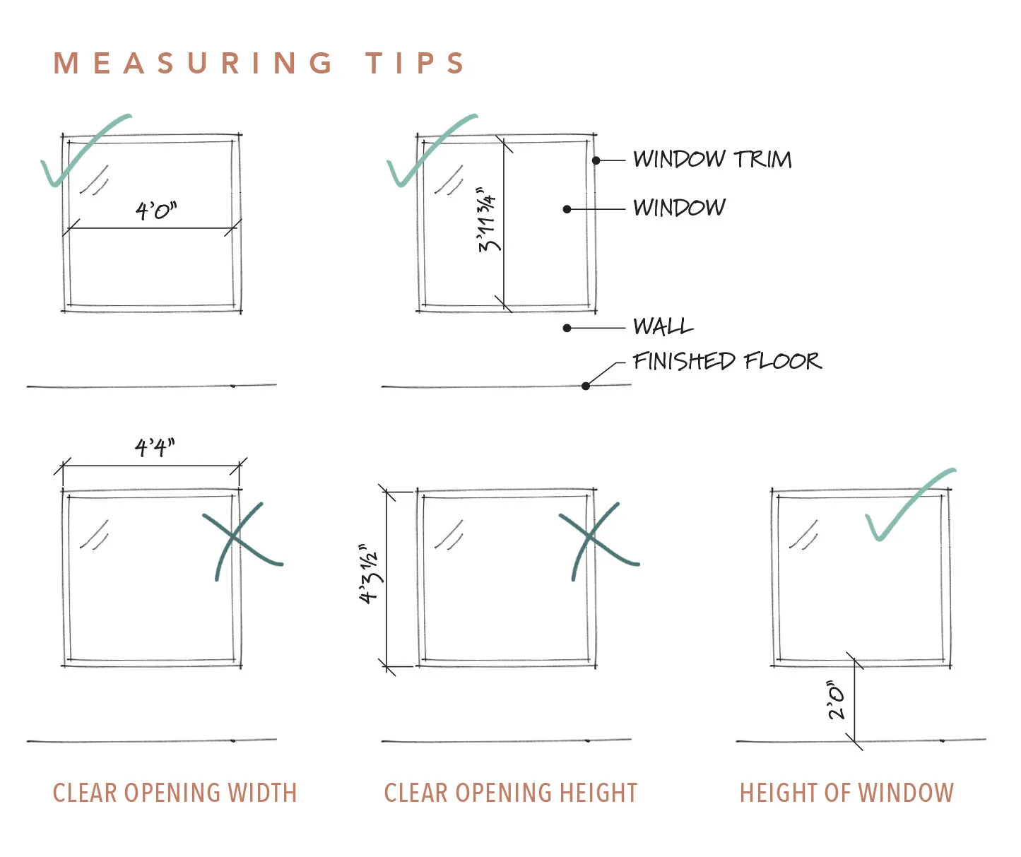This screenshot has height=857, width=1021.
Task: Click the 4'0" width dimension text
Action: [156, 211]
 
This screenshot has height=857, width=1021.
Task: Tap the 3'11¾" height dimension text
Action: [488, 220]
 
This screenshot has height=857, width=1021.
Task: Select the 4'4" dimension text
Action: [155, 447]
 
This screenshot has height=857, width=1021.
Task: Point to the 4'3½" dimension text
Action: [370, 574]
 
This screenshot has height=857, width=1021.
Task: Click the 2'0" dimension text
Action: [837, 700]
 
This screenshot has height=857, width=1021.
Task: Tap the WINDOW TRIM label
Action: [712, 160]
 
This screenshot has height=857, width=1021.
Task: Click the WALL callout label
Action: [663, 326]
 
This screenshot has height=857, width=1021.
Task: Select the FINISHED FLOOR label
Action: [726, 362]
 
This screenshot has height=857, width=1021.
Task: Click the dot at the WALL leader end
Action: [567, 328]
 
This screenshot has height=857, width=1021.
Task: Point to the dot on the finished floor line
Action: [586, 386]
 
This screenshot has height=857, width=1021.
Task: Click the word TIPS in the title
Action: [415, 64]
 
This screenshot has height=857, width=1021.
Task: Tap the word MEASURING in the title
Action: [193, 64]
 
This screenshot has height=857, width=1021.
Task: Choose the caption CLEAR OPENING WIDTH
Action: [175, 793]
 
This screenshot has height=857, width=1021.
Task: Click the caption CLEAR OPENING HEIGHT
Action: [510, 793]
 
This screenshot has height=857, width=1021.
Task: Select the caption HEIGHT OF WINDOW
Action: [846, 793]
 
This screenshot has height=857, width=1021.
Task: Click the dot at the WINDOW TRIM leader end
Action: [596, 161]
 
